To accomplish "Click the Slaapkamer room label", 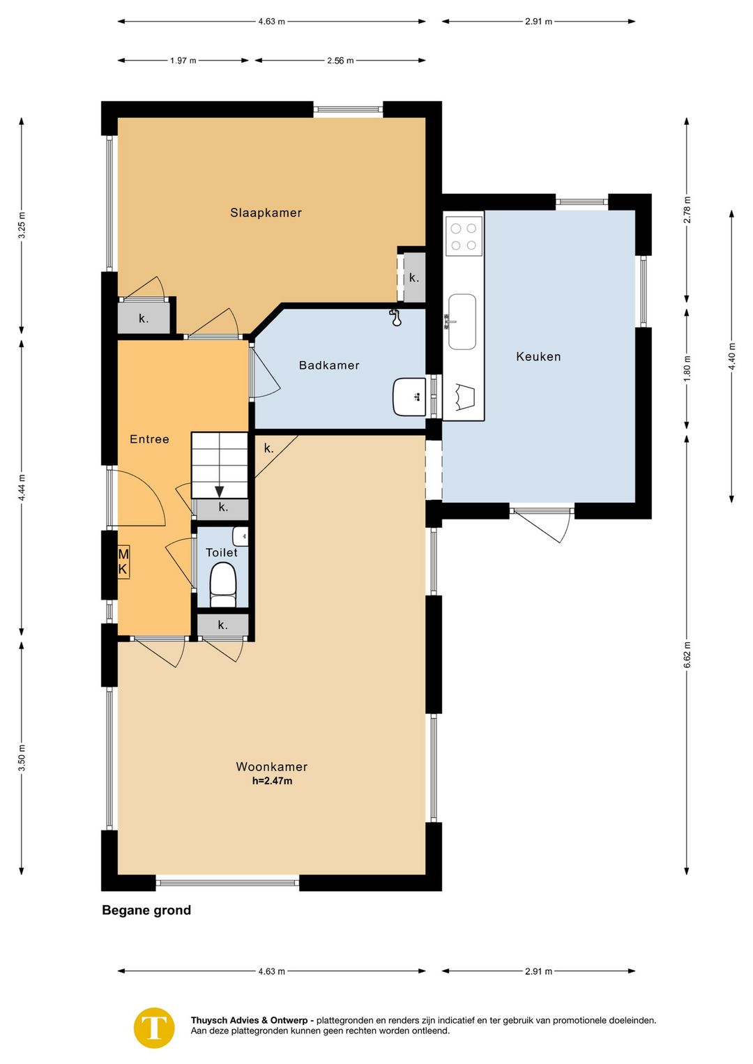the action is (266, 213).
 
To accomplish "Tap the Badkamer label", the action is (329, 365).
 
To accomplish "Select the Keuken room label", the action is (538, 356).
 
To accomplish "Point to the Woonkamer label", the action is (272, 767).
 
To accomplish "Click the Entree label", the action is (149, 439).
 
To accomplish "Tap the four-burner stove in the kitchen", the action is (464, 236).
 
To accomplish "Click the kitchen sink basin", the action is (462, 321).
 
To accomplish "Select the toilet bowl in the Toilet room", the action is (223, 585).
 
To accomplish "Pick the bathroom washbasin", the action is (409, 397).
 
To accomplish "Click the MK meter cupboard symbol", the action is (123, 562).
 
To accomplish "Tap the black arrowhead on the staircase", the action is (219, 492).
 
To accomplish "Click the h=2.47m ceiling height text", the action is (272, 781).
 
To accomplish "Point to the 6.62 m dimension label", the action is (687, 655).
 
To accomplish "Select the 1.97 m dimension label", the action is (183, 61).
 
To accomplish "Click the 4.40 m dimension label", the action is (731, 356).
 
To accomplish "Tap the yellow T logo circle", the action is (154, 1028).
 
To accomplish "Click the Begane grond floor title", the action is (146, 910).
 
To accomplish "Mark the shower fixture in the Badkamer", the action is (395, 317).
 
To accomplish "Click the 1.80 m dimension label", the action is (687, 368).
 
